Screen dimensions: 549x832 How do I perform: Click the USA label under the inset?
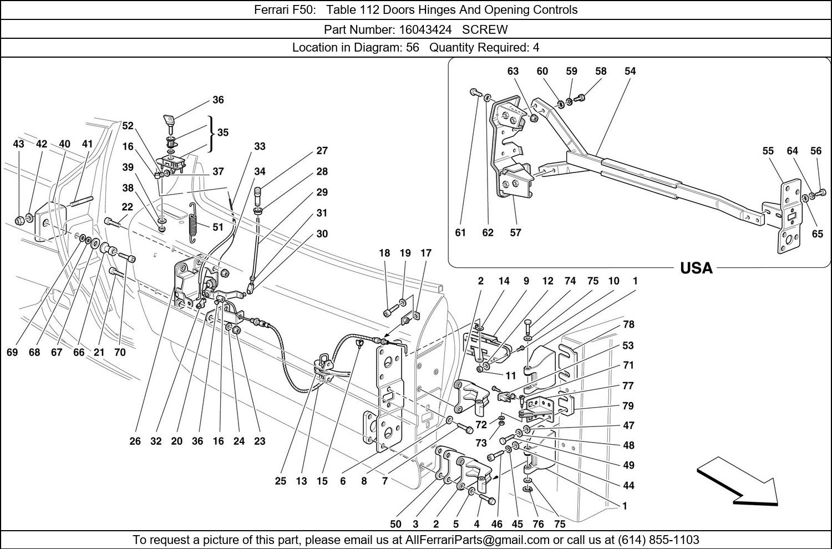(x=696, y=268)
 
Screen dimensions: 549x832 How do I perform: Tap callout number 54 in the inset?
(x=630, y=71)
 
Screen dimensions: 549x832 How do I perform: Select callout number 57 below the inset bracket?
(x=516, y=233)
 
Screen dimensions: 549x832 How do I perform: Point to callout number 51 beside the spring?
(x=217, y=227)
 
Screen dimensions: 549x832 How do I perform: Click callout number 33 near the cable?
(x=260, y=146)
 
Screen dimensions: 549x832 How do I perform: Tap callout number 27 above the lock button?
(x=322, y=150)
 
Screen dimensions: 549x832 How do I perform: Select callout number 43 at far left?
(x=18, y=144)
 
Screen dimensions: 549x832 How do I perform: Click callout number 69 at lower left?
(x=12, y=352)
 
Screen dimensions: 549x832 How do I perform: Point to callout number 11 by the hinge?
(x=510, y=375)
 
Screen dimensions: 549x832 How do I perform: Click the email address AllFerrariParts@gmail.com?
(x=477, y=540)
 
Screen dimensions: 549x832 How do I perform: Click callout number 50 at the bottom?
(x=395, y=525)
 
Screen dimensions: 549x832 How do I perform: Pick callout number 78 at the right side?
(x=628, y=324)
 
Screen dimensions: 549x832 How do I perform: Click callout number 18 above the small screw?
(x=384, y=253)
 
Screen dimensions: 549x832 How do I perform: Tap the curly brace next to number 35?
(x=211, y=133)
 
